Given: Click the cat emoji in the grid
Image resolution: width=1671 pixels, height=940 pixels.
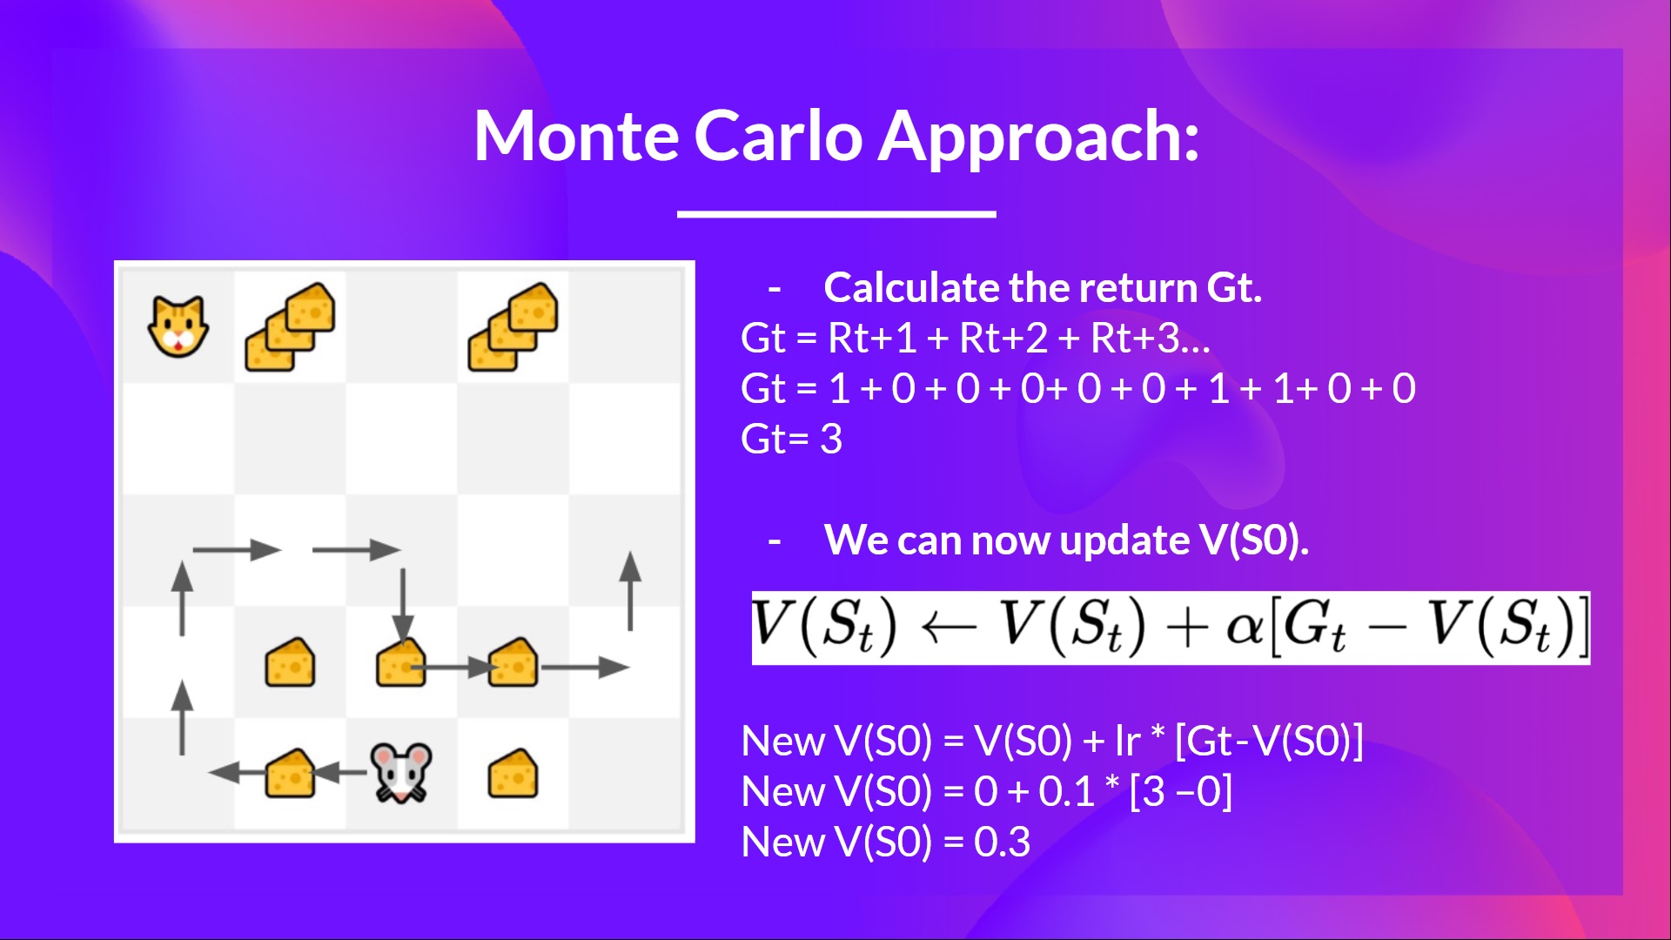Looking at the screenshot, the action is tap(178, 326).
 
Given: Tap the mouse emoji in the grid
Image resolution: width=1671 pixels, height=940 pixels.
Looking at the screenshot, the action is tap(401, 772).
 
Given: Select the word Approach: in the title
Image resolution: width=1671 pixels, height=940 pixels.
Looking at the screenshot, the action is tap(1039, 139).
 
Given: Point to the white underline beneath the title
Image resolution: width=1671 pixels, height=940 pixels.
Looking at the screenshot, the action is tap(836, 213).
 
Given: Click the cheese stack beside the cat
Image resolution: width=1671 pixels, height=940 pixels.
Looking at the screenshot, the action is tap(290, 326).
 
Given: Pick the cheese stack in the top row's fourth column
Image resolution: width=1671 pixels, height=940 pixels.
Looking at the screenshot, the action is tap(513, 326).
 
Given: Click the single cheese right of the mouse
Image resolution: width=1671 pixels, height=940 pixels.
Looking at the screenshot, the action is tap(513, 773).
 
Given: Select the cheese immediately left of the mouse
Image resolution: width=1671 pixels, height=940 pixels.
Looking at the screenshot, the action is tap(290, 773).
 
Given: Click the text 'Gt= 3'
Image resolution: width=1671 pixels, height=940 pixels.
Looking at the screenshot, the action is tap(791, 439).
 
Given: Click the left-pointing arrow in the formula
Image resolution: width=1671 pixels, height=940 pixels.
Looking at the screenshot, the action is tap(949, 628).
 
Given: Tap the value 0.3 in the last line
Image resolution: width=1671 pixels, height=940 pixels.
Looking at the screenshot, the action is tap(1002, 842).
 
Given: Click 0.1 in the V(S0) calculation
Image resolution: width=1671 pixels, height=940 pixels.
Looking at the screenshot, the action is tap(1066, 791).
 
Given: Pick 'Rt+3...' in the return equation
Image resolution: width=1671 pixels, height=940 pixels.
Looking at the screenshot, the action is tap(1151, 338).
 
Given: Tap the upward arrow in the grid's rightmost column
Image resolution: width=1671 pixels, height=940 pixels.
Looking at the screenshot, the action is tap(630, 590).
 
